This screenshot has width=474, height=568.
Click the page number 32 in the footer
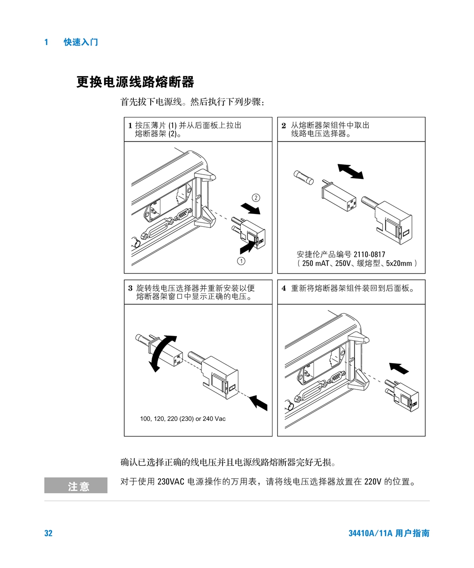click(48, 533)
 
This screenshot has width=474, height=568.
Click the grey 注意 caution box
click(76, 485)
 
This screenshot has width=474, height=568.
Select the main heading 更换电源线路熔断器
click(135, 82)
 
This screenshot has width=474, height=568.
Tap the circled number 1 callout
click(241, 261)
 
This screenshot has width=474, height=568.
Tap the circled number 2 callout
click(256, 197)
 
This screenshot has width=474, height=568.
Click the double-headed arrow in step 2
click(350, 171)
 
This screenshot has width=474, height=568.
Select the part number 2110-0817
click(369, 254)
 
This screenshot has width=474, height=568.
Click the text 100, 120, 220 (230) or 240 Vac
click(183, 418)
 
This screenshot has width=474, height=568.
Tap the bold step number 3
click(130, 288)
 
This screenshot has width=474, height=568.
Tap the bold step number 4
click(284, 288)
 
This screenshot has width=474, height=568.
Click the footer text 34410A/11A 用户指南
click(389, 533)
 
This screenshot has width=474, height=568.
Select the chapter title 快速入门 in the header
click(81, 42)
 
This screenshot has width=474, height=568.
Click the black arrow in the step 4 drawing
click(399, 369)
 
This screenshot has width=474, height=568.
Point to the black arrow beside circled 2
click(250, 209)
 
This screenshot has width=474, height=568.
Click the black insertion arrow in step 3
click(258, 403)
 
